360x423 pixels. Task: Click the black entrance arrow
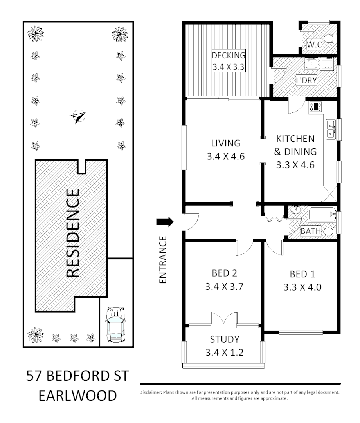click(165, 222)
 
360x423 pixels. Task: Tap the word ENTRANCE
click(164, 259)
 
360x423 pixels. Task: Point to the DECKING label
click(229, 55)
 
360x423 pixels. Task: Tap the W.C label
click(314, 45)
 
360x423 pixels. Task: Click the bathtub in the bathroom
click(322, 214)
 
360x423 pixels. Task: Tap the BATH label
click(310, 231)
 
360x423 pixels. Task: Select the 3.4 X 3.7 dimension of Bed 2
click(225, 286)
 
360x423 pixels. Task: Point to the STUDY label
click(225, 339)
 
